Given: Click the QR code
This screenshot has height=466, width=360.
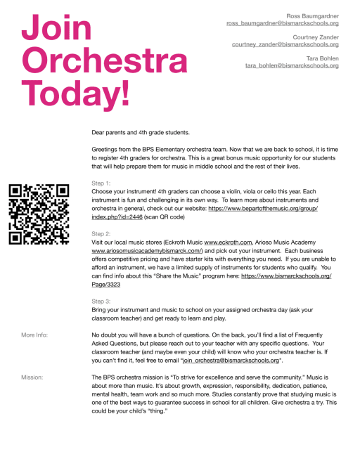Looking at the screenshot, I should tap(39, 213).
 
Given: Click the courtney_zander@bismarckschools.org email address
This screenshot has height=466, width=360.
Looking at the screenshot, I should tap(285, 44).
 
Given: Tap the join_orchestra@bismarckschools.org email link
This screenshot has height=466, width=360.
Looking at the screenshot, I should tap(231, 360).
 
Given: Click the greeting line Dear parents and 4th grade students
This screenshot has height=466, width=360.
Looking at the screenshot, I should tap(141, 131).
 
